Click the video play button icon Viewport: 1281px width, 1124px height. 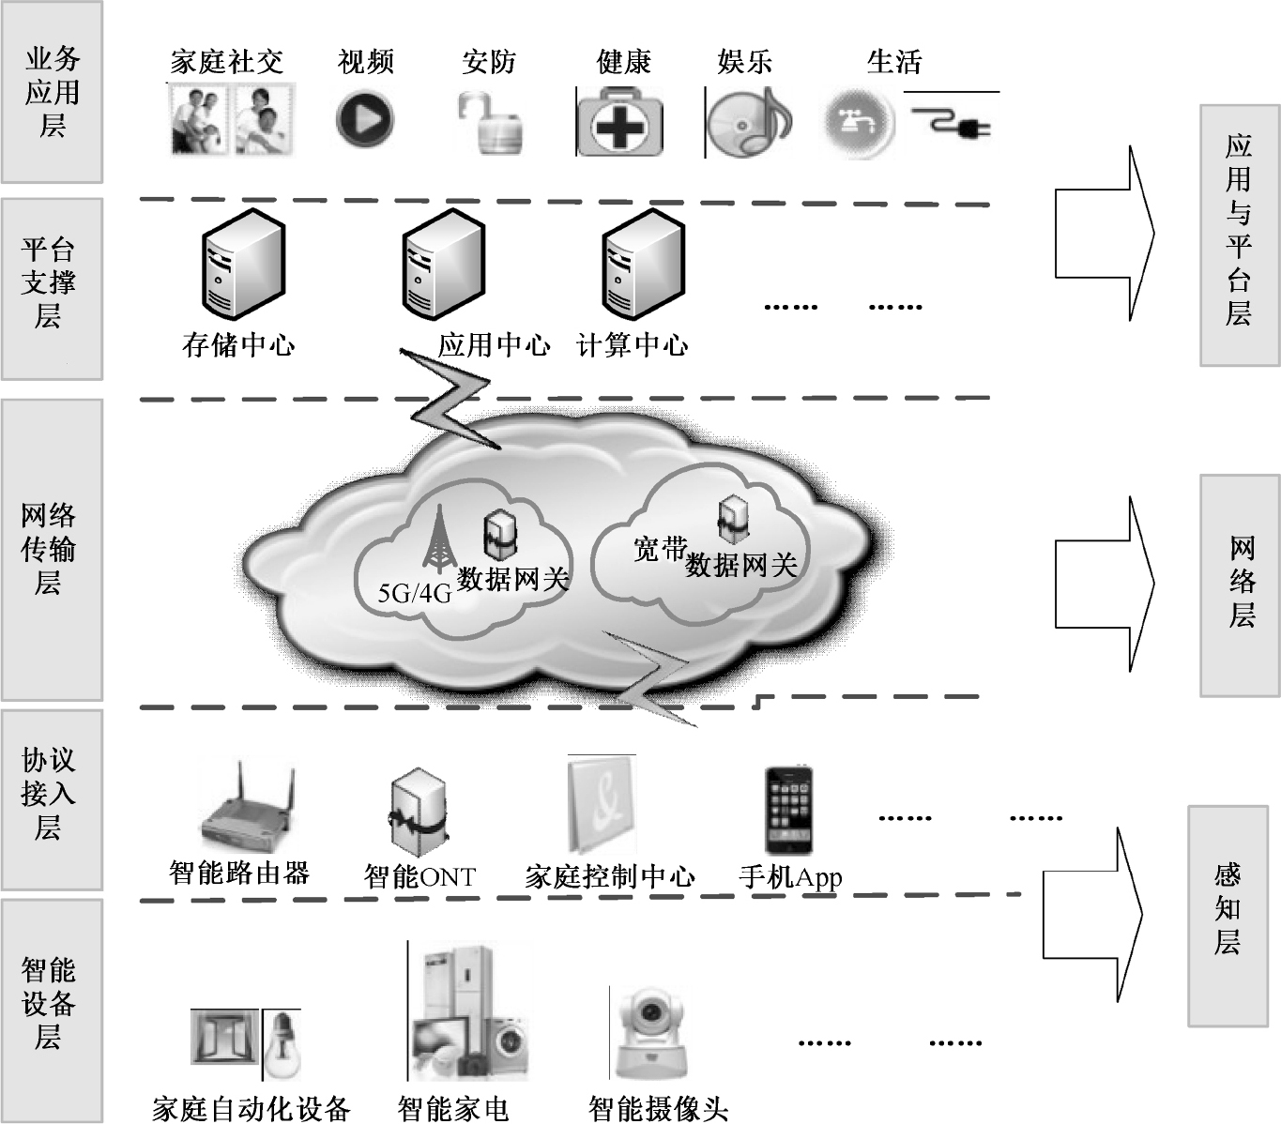(x=364, y=120)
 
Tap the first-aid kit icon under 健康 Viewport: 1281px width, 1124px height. (x=619, y=122)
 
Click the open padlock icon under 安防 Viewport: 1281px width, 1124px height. (x=490, y=123)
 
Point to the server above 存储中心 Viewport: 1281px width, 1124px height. (x=244, y=265)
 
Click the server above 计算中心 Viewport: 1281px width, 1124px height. (x=643, y=265)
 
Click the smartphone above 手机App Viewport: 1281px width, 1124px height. (x=788, y=811)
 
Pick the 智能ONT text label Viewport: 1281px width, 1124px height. (x=419, y=877)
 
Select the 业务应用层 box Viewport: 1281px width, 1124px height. (x=52, y=92)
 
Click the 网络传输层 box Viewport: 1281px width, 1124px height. (x=52, y=550)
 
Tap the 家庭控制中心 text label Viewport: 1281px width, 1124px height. (x=610, y=877)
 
